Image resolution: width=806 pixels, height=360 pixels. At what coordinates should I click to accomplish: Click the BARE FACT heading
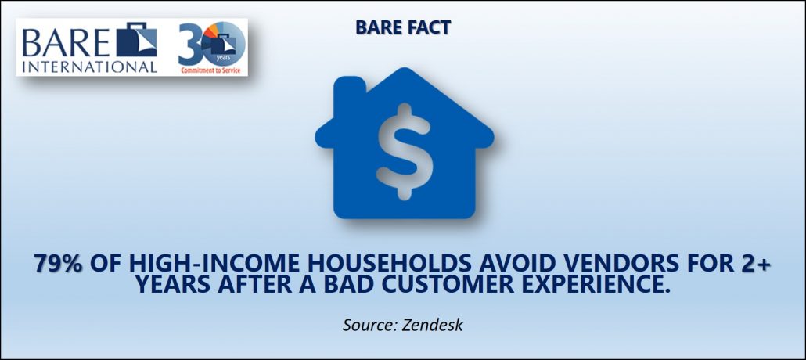click(402, 27)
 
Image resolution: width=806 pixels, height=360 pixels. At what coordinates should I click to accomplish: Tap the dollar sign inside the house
click(404, 152)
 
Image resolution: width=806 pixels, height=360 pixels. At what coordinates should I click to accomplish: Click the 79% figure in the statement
click(58, 263)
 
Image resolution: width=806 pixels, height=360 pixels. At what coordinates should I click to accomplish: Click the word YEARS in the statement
click(174, 284)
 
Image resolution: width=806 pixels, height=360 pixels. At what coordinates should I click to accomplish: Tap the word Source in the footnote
click(366, 325)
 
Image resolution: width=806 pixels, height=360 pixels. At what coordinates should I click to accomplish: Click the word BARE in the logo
click(65, 43)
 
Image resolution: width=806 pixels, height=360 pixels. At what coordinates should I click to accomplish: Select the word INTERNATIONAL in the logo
click(89, 67)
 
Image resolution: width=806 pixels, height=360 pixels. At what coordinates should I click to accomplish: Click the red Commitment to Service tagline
click(210, 70)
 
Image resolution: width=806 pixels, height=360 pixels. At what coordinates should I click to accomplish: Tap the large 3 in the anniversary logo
click(189, 45)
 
